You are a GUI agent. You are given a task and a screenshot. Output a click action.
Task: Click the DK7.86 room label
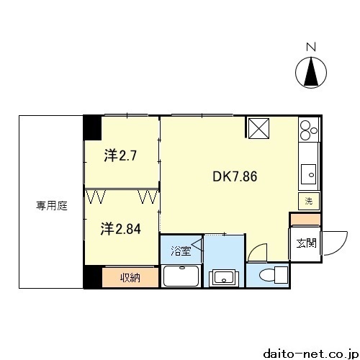click(x=235, y=176)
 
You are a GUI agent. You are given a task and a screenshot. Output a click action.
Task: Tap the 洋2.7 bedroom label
click(x=120, y=156)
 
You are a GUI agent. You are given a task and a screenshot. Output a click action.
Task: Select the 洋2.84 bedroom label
click(x=120, y=229)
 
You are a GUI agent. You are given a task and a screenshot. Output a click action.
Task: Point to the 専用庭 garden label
click(x=52, y=206)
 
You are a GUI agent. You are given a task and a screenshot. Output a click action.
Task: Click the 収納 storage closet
click(x=130, y=277)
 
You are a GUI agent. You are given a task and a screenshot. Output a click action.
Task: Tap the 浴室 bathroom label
click(x=181, y=251)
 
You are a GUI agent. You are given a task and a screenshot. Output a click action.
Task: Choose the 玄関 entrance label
click(x=307, y=243)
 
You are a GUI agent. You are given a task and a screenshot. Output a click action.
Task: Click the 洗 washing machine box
click(x=309, y=201)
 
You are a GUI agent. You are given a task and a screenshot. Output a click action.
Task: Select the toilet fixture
click(x=274, y=274)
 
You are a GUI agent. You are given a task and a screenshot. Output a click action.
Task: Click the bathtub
click(x=181, y=276)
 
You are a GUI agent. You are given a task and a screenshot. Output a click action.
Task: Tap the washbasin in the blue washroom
click(x=224, y=278)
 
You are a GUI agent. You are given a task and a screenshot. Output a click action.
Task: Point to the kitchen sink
click(x=308, y=174)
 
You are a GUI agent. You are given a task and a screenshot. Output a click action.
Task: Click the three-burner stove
click(x=309, y=130)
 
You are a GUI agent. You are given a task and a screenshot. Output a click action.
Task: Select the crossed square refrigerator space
click(x=258, y=128)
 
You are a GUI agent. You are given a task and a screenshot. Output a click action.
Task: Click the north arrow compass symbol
click(x=311, y=72)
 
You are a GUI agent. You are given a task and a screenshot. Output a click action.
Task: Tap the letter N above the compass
click(x=311, y=47)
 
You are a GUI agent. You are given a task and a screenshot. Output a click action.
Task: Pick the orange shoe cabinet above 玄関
click(x=305, y=220)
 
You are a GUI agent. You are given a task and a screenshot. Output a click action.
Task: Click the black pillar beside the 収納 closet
click(x=93, y=276)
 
